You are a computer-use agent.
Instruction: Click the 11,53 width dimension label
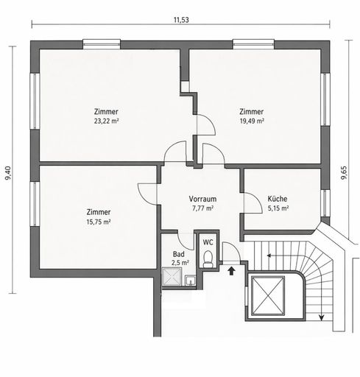click(x=181, y=20)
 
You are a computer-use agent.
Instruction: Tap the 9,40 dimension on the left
click(x=8, y=173)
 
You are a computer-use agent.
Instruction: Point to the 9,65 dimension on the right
click(x=344, y=173)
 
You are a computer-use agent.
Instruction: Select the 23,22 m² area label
click(x=107, y=121)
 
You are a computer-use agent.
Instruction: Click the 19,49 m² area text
click(x=252, y=121)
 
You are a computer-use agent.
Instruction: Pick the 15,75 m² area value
click(x=99, y=222)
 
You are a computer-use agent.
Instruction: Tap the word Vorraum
click(x=202, y=199)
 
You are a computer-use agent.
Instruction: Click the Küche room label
click(x=278, y=199)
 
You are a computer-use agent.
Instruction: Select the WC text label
click(x=208, y=242)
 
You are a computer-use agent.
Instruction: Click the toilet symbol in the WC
click(x=208, y=258)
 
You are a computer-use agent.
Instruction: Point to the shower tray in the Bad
click(x=172, y=277)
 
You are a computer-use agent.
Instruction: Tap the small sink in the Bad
click(x=190, y=281)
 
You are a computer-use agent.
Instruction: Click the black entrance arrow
click(x=231, y=271)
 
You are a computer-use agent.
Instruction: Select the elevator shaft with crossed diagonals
click(x=268, y=295)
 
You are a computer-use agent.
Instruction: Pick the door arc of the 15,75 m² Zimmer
click(x=145, y=191)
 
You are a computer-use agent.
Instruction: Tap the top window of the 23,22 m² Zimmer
click(x=102, y=44)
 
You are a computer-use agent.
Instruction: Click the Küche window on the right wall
click(x=325, y=203)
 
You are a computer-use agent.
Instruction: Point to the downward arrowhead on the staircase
click(x=321, y=317)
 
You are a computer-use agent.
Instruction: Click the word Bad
click(x=179, y=254)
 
